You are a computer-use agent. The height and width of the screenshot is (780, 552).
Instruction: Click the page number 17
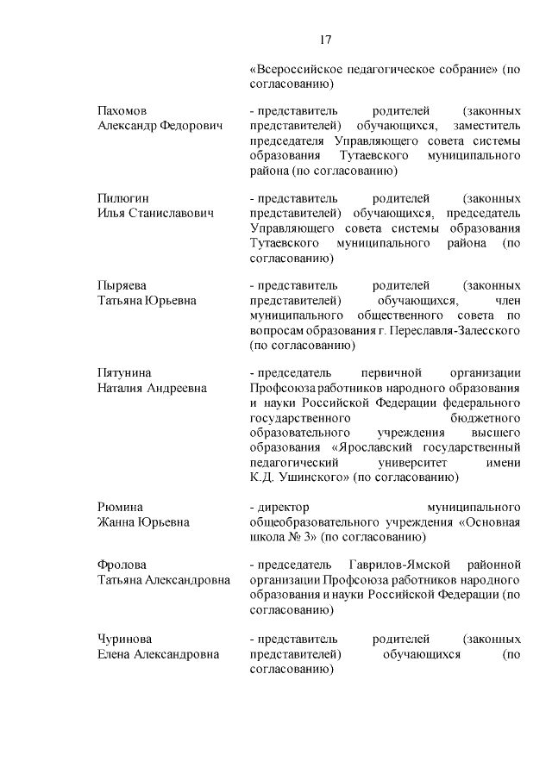point(326,40)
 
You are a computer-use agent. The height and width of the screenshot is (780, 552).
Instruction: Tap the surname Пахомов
point(122,112)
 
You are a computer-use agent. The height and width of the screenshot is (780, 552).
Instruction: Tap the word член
point(509,301)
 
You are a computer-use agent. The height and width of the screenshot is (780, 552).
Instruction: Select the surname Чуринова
point(123,639)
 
